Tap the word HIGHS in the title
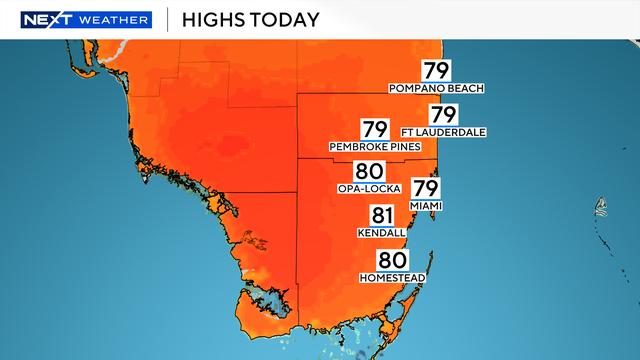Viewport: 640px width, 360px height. [215, 20]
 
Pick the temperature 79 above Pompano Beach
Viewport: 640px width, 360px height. [436, 71]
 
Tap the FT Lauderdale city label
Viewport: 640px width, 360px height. [442, 131]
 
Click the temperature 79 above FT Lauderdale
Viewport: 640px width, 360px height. [442, 113]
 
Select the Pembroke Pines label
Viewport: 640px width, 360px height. [373, 147]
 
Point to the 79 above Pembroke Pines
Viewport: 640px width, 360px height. [374, 129]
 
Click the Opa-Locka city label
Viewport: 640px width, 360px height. [368, 189]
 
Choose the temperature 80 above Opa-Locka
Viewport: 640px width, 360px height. [368, 171]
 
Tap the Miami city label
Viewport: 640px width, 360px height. [425, 205]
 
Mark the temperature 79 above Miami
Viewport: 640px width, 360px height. [426, 187]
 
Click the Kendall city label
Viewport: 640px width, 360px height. [381, 232]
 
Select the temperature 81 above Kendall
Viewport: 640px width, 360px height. [382, 214]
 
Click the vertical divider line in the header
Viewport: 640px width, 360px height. [166, 20]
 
